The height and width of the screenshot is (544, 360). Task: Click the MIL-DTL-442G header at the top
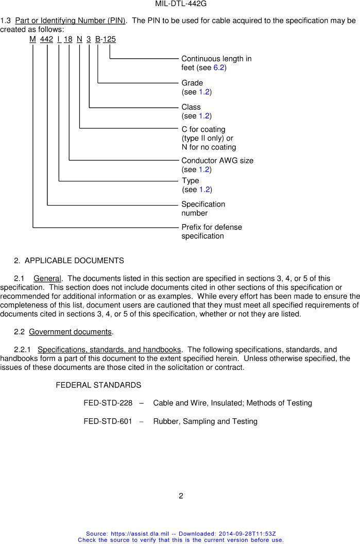pos(180,4)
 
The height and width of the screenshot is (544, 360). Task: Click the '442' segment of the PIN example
pos(46,39)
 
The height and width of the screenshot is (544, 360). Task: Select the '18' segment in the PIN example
pos(68,39)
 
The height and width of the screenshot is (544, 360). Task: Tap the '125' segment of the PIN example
pos(109,39)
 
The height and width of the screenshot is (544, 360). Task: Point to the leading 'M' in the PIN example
pos(33,39)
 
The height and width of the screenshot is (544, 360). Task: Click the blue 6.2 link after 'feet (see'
pos(219,67)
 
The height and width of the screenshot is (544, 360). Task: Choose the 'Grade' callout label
pos(192,83)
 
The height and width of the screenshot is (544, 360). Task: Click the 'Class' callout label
pos(191,107)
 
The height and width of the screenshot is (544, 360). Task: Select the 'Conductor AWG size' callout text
pos(217,160)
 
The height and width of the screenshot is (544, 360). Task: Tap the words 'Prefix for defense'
pos(211,227)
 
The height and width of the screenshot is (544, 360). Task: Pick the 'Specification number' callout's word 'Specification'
pos(203,204)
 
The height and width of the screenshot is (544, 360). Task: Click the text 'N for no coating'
pos(209,147)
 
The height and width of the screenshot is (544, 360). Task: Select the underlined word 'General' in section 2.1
pos(47,279)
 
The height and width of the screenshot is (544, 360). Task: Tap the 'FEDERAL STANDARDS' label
pos(98,385)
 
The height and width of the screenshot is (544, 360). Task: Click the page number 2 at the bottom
pos(181,496)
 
